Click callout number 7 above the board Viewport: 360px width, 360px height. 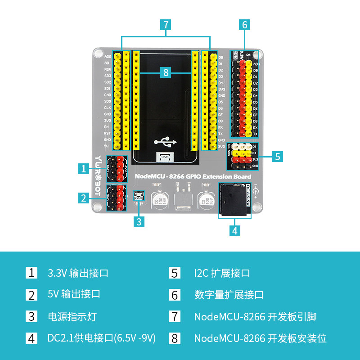(x=166, y=24)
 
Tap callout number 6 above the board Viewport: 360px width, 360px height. (x=244, y=24)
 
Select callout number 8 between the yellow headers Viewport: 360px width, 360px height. (x=166, y=72)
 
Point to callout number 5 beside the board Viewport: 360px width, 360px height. (x=277, y=156)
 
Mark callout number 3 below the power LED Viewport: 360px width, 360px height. (x=139, y=221)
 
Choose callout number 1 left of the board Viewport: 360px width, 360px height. (x=83, y=169)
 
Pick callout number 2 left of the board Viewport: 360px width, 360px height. (x=83, y=198)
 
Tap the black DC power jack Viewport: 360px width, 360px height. (x=234, y=199)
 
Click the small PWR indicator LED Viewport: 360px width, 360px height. (x=139, y=196)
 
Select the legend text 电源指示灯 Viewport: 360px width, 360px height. (x=72, y=316)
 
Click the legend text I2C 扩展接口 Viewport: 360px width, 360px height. (x=222, y=273)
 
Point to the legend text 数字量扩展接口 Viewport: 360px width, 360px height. (x=229, y=295)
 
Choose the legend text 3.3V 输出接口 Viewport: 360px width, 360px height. (x=78, y=273)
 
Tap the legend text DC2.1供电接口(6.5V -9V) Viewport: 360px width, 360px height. (x=102, y=338)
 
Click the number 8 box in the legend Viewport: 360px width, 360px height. (x=175, y=338)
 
